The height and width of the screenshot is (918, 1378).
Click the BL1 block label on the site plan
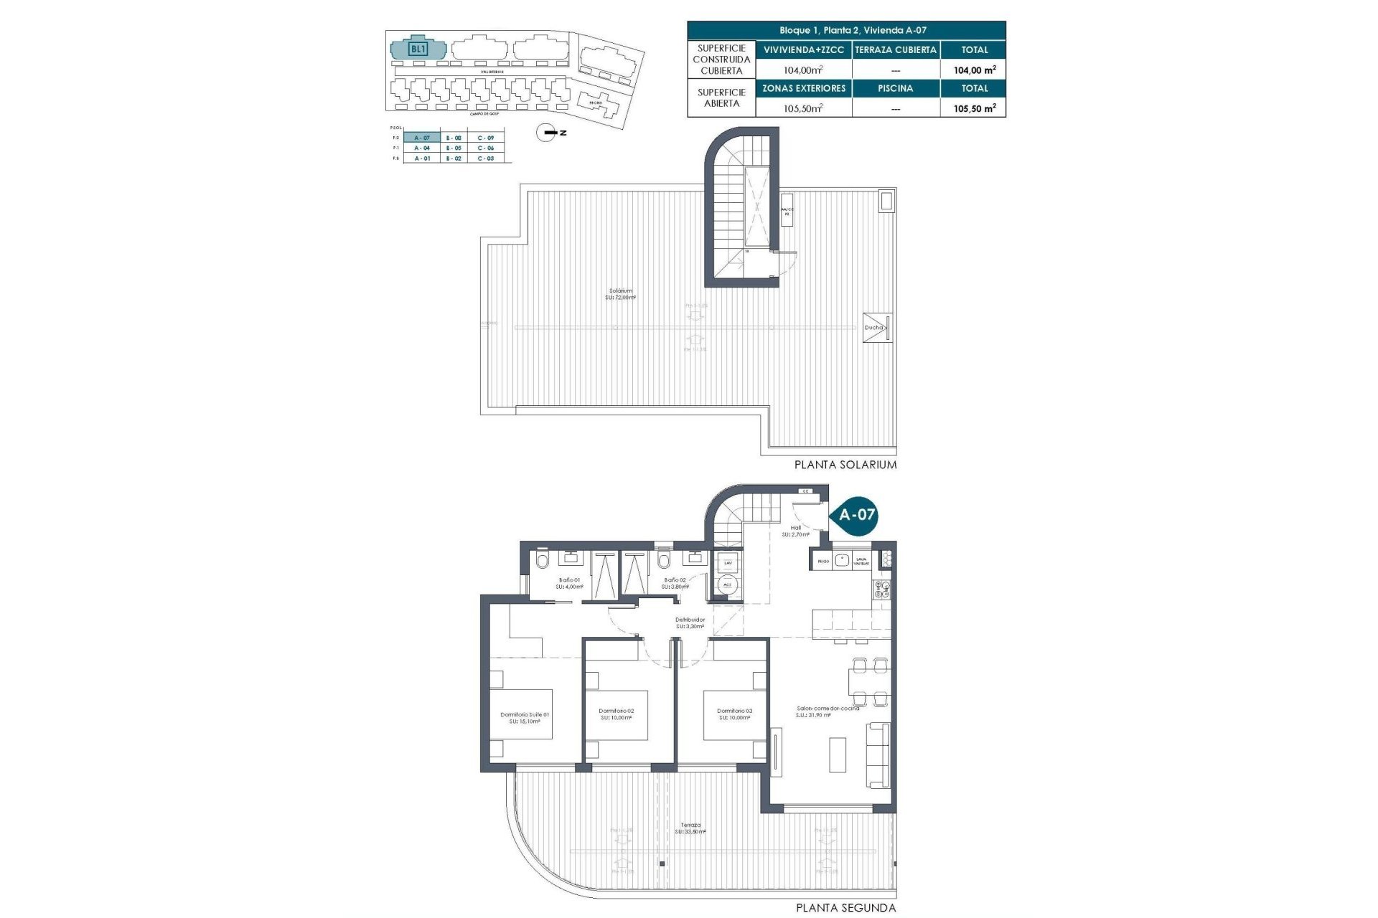click(x=418, y=49)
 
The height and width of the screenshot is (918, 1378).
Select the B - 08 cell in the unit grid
click(x=453, y=138)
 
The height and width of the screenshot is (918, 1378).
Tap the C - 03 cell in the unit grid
click(x=486, y=158)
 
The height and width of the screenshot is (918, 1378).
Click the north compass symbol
click(x=548, y=133)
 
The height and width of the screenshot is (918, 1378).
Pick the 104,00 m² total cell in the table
click(x=974, y=70)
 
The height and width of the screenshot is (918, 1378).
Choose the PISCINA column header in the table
click(x=895, y=88)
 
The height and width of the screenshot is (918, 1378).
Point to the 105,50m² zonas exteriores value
click(x=803, y=108)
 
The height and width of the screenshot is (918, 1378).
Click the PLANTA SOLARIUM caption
click(x=845, y=465)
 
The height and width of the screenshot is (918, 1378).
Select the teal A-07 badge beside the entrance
click(x=856, y=514)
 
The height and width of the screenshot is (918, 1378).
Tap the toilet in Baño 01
click(x=542, y=559)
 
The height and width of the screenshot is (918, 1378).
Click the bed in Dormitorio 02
click(x=616, y=714)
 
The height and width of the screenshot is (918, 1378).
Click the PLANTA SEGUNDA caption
click(x=845, y=908)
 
